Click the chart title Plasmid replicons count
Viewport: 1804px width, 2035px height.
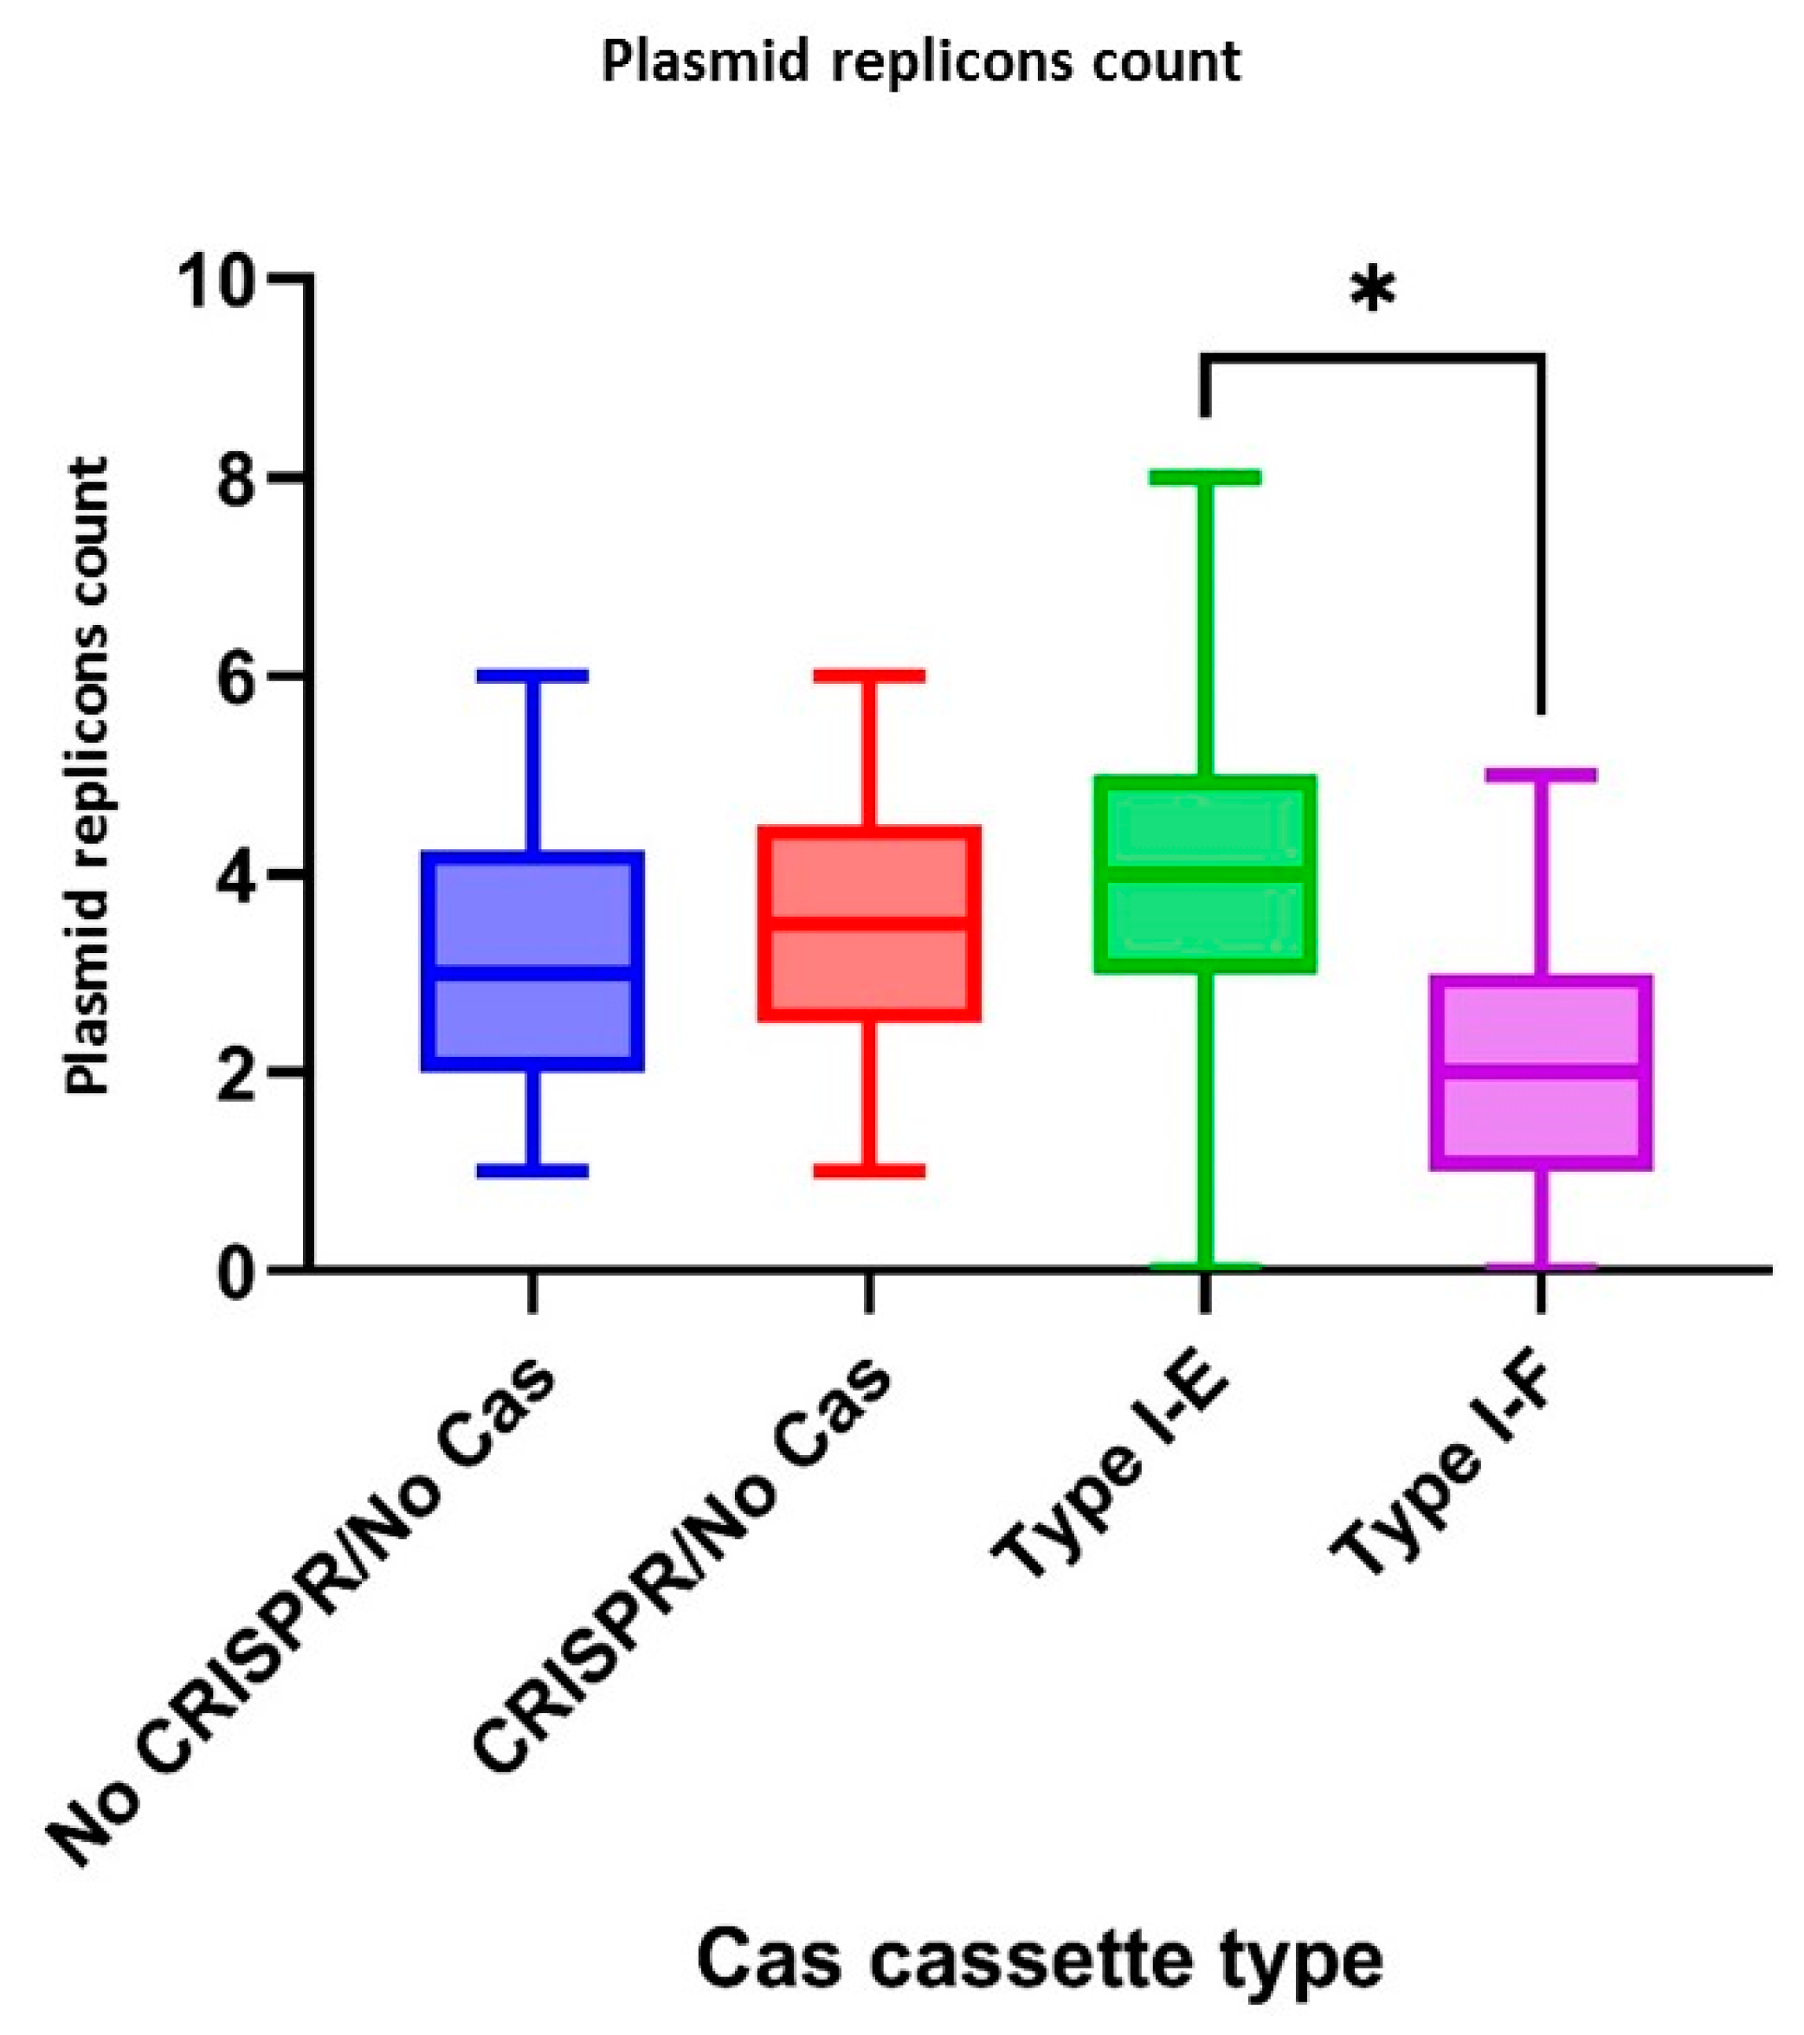[x=921, y=62]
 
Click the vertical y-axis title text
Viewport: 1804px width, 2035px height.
[x=87, y=776]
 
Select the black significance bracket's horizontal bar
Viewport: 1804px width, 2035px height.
[x=1373, y=357]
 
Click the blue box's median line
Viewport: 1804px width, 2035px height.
[x=532, y=972]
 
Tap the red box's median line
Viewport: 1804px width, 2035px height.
[x=870, y=923]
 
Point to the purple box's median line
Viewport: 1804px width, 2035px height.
[x=1541, y=1072]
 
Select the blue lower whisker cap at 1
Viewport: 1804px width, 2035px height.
[x=532, y=1169]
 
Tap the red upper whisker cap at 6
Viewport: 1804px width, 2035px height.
[x=870, y=675]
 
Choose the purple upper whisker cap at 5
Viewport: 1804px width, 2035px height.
[x=1541, y=775]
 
